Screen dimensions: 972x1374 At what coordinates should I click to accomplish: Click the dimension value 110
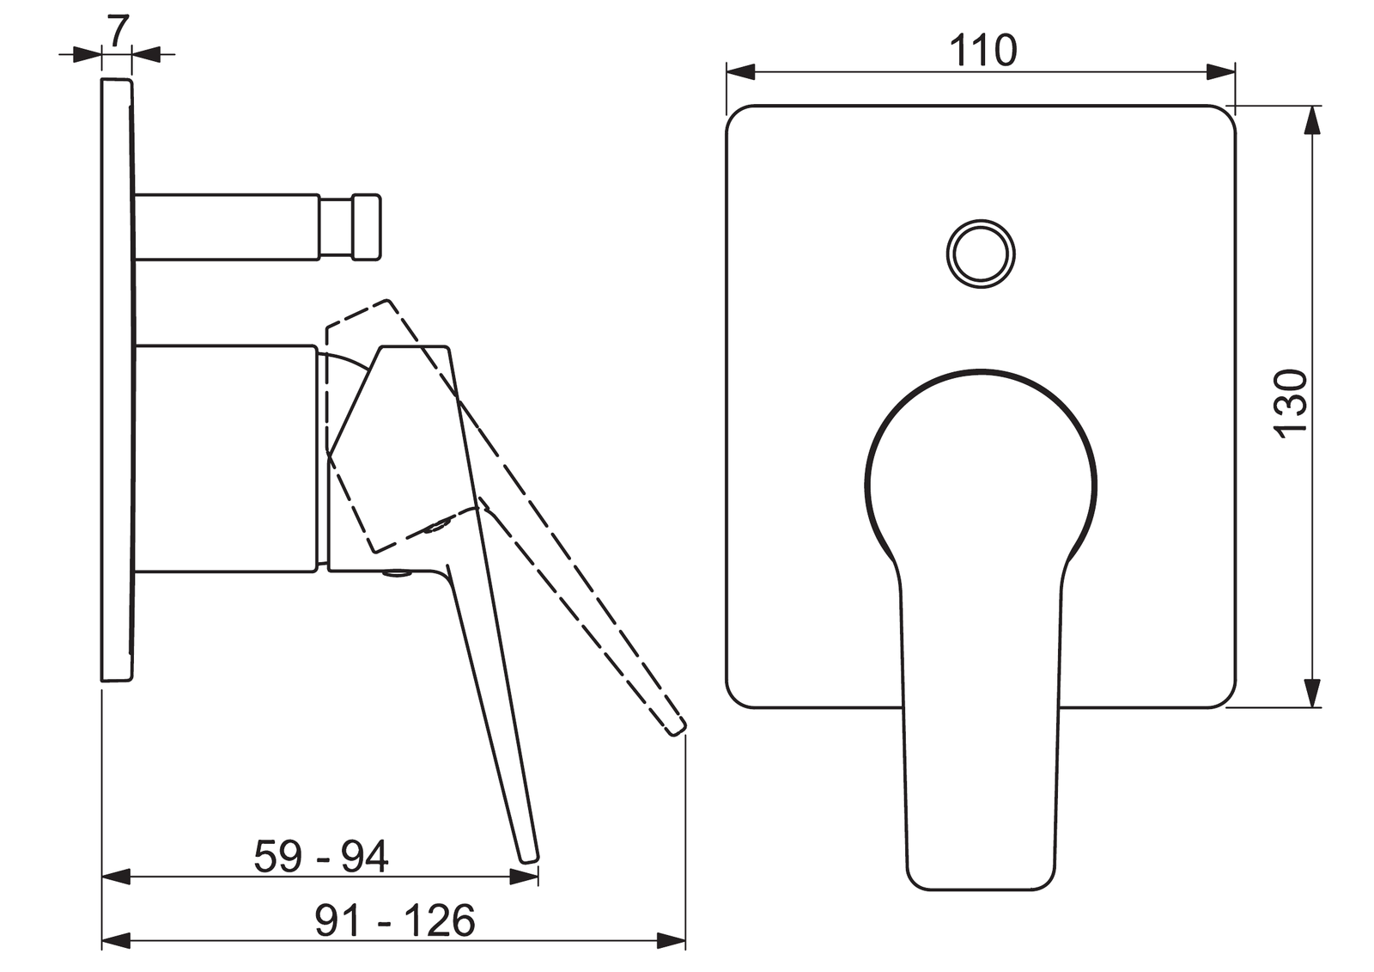pyautogui.click(x=982, y=51)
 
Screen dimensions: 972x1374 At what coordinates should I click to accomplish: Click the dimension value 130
pyautogui.click(x=1290, y=404)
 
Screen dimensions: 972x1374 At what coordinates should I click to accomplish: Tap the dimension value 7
pyautogui.click(x=117, y=30)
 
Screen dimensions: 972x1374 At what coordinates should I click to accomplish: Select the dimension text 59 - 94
pyautogui.click(x=321, y=856)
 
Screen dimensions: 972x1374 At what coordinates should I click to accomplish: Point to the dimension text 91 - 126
pyautogui.click(x=394, y=921)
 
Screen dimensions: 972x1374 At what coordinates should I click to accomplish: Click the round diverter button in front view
pyautogui.click(x=981, y=254)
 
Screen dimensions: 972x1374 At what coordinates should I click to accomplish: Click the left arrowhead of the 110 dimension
pyautogui.click(x=739, y=72)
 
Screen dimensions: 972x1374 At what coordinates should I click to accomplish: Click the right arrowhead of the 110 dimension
pyautogui.click(x=1221, y=72)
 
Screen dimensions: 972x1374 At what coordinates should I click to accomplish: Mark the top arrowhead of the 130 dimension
pyautogui.click(x=1311, y=120)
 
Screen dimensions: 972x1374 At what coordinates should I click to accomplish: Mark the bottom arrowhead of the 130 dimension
pyautogui.click(x=1311, y=693)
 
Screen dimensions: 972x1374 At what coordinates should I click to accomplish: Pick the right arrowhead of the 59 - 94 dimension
pyautogui.click(x=525, y=877)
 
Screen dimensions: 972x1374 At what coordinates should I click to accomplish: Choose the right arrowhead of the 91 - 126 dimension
pyautogui.click(x=672, y=941)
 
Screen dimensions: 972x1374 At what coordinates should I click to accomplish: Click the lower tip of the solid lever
pyautogui.click(x=529, y=855)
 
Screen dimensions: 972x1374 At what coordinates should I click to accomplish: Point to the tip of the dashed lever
pyautogui.click(x=678, y=726)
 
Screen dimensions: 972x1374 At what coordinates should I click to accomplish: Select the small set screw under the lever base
pyautogui.click(x=397, y=573)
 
